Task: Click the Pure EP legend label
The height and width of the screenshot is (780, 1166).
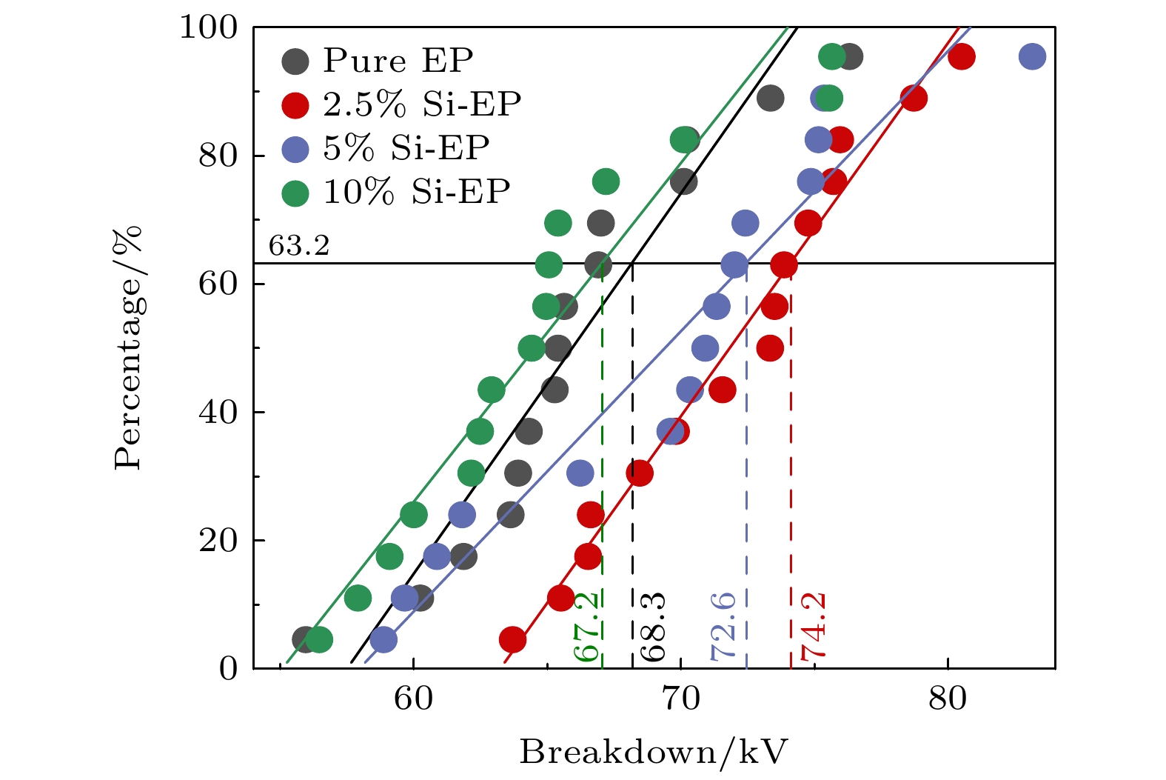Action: coord(398,61)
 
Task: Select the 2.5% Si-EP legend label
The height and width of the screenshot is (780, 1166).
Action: coord(421,104)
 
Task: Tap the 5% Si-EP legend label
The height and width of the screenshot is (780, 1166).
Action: coord(406,148)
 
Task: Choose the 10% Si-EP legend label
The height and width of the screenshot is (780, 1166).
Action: coord(416,192)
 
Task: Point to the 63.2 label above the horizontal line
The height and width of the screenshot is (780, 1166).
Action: coord(298,245)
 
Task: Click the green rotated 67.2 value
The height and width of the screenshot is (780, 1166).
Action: coord(586,627)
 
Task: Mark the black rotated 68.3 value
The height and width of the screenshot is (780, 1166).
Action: coord(653,627)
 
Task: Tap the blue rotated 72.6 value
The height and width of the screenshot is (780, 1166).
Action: coord(723,627)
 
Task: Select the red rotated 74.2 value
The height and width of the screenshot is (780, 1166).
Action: coord(813,627)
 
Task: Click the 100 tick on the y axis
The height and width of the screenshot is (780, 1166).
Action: coord(208,28)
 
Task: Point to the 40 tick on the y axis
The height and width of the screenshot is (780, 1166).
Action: coord(218,412)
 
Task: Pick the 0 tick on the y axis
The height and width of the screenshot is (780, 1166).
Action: coord(228,668)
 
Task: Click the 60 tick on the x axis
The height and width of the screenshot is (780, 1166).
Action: coord(413,698)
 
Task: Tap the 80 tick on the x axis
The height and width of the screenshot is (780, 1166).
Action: coord(948,698)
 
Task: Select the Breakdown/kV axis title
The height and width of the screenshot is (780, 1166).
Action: coord(654,753)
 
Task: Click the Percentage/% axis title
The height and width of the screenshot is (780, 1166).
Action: coord(127,348)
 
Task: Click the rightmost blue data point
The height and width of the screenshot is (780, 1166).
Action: coord(1032,56)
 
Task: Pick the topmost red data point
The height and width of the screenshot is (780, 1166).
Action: coord(961,56)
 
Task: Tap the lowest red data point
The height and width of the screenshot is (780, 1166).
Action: coord(512,639)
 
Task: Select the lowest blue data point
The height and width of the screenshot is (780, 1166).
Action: coord(383,639)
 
